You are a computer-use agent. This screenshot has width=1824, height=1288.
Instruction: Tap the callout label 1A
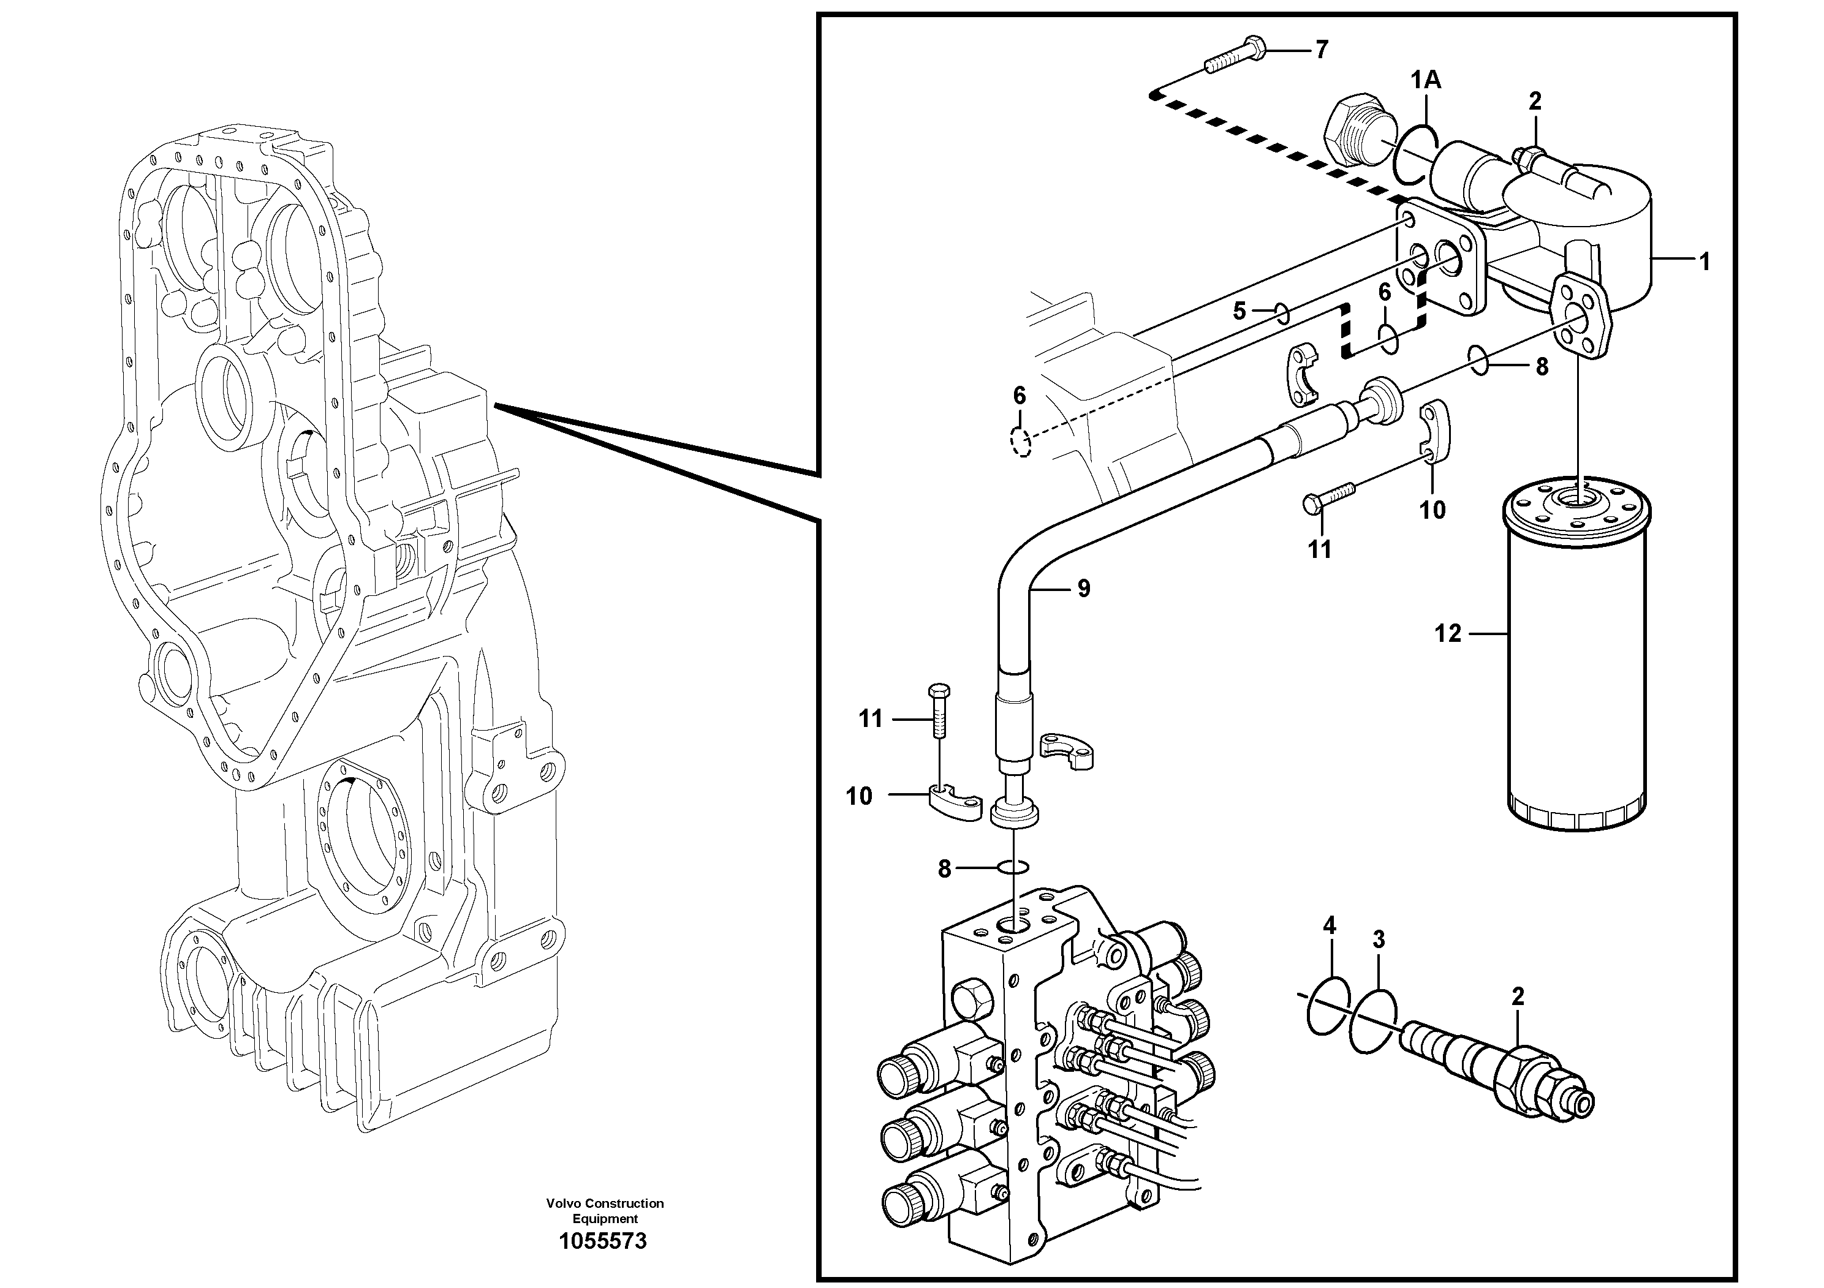[1426, 80]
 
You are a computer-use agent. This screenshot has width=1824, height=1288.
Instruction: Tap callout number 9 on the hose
[1084, 589]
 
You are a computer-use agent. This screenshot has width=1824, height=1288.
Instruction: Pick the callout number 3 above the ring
[1379, 940]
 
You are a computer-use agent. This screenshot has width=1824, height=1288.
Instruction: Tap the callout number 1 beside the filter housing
[1703, 262]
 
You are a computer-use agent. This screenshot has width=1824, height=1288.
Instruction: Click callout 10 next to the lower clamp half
[859, 796]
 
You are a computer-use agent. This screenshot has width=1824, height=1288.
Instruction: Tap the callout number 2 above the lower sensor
[1518, 997]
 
